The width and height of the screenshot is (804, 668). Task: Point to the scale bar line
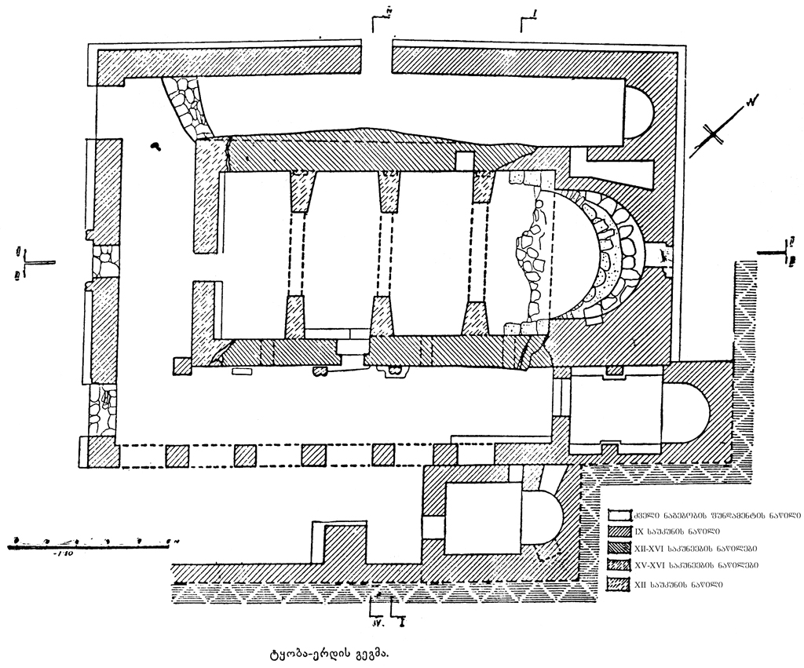point(91,542)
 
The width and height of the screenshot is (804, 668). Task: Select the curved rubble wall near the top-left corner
point(188,107)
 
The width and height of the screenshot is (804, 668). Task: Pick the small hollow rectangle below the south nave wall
point(243,371)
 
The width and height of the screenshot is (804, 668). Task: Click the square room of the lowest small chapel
point(483,515)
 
